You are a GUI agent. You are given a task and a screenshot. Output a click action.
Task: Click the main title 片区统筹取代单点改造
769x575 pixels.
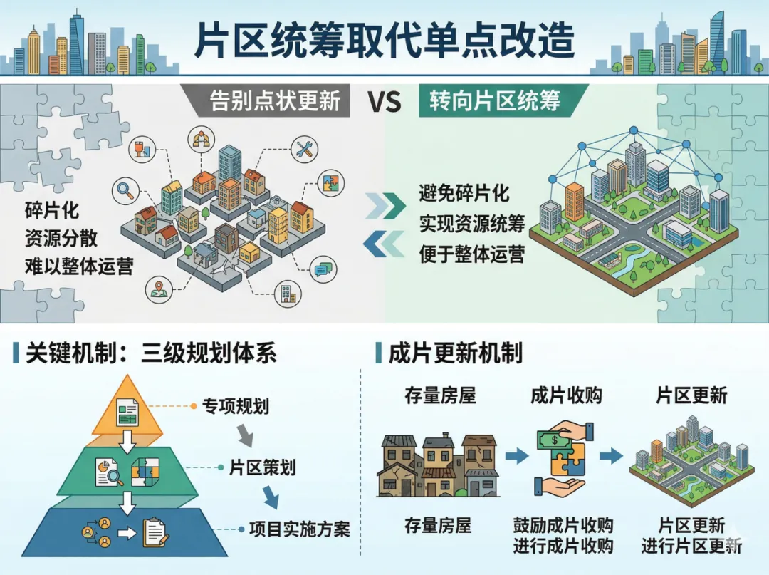pos(384,41)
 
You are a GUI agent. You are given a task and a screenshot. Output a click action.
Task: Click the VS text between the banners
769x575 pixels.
pos(384,102)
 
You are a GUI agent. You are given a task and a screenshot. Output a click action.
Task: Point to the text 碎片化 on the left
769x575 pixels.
pos(52,212)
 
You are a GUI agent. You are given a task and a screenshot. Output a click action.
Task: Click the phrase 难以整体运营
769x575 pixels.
pos(78,266)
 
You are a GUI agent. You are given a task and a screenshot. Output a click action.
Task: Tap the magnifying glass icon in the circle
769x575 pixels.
pos(127,190)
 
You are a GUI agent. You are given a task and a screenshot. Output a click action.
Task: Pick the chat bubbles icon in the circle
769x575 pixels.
pos(322,269)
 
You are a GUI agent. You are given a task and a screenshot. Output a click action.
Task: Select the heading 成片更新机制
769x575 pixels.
pos(456,352)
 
